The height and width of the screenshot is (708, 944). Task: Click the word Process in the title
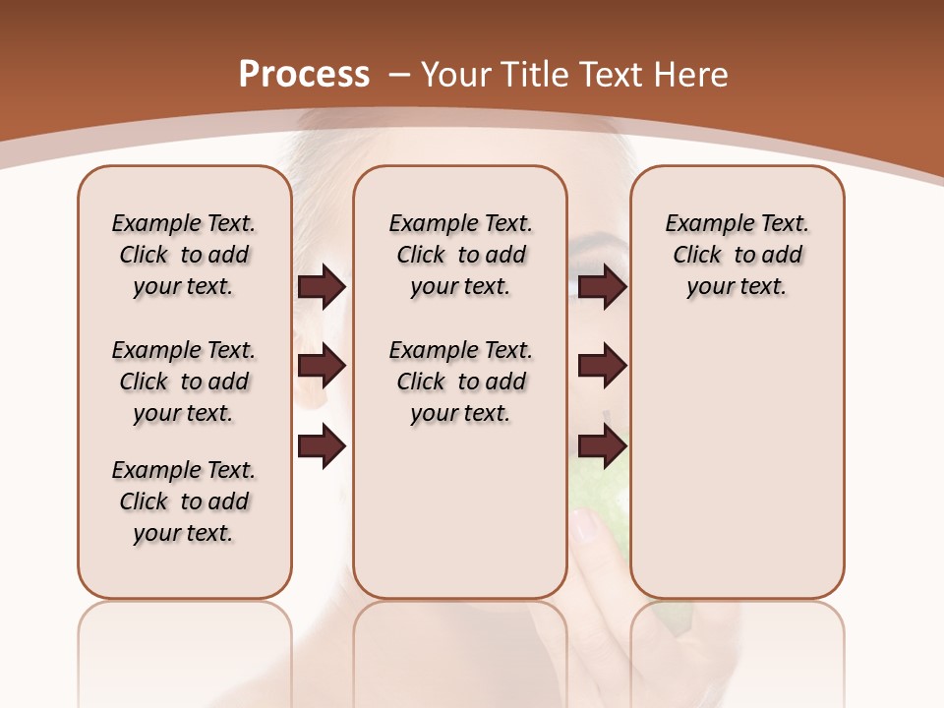point(304,75)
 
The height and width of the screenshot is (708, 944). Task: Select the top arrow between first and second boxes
point(322,286)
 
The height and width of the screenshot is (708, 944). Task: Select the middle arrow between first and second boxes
point(322,366)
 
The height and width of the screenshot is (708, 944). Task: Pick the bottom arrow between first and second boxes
point(322,445)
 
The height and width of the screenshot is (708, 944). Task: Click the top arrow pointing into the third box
point(602,286)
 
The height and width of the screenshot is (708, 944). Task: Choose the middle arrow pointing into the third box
point(602,366)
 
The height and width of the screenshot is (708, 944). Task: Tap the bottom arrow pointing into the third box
point(602,445)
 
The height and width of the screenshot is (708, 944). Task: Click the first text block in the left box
point(184,255)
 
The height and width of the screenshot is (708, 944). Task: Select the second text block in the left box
point(184,382)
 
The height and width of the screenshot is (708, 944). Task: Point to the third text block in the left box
point(184,501)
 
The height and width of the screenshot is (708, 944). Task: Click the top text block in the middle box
point(460,255)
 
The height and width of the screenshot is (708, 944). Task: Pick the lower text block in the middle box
point(460,382)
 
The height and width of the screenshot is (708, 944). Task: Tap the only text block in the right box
point(737,255)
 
